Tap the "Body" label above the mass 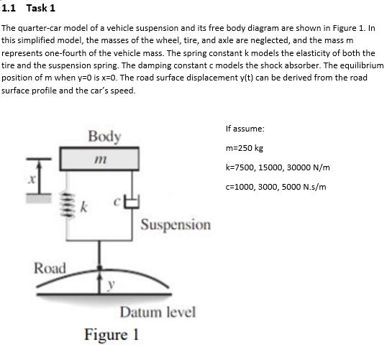click(x=104, y=136)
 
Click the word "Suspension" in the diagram click(x=176, y=225)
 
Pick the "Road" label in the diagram click(x=50, y=268)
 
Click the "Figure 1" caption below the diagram click(x=111, y=335)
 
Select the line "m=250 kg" click(x=244, y=147)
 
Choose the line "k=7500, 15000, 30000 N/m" click(x=277, y=167)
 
